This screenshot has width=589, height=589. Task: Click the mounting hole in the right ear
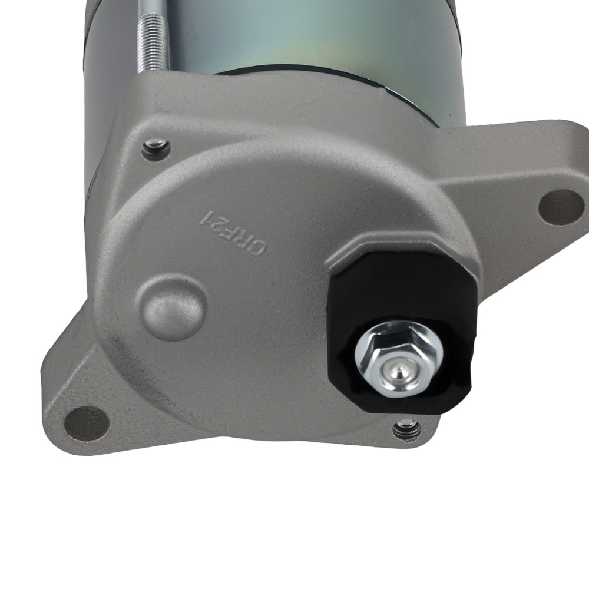(561, 207)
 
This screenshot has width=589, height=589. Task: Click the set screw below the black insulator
(407, 429)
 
